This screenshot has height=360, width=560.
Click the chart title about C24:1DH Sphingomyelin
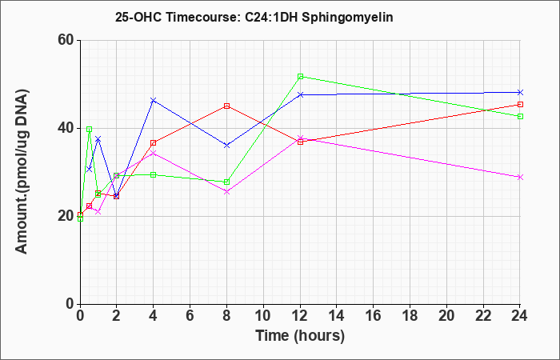click(254, 17)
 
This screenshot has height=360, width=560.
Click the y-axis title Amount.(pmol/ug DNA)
click(22, 171)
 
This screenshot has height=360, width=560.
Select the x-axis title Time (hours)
click(300, 336)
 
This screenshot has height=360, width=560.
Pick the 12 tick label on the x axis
click(300, 316)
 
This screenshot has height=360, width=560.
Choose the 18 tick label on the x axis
click(410, 316)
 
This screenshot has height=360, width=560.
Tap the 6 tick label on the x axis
click(190, 316)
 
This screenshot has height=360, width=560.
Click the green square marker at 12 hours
click(300, 77)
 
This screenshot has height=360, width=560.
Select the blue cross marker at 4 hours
click(154, 100)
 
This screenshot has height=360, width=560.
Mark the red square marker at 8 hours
click(226, 106)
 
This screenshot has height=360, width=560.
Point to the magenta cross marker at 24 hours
click(520, 177)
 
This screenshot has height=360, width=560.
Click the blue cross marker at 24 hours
click(520, 93)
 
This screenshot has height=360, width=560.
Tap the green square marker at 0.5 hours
click(90, 130)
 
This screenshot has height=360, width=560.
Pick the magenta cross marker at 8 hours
click(226, 192)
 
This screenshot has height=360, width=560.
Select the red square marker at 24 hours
click(520, 104)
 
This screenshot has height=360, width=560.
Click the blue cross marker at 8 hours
click(226, 146)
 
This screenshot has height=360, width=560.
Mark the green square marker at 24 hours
click(520, 117)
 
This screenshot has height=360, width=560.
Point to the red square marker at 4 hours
click(154, 143)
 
